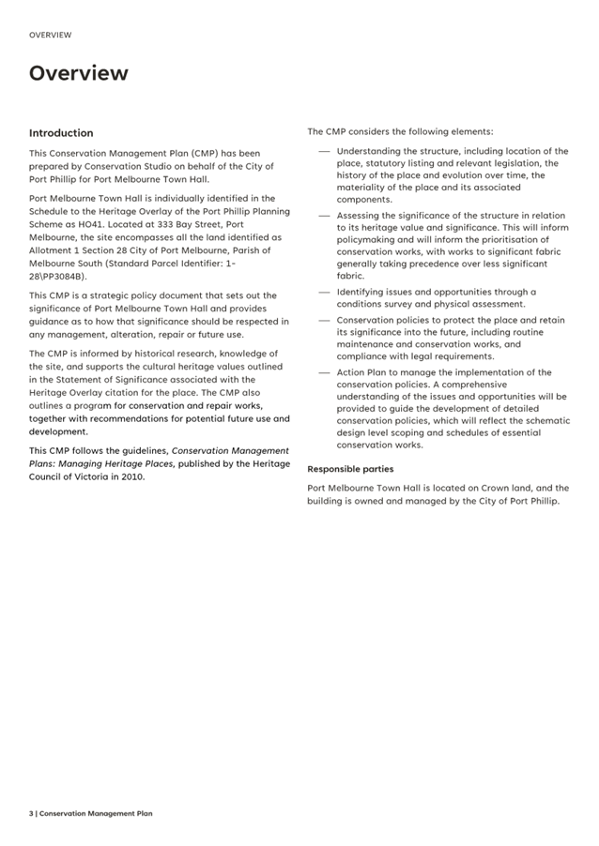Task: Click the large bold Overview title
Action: [78, 73]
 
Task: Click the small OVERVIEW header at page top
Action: [50, 35]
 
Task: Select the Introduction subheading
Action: [61, 133]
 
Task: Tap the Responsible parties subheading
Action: [350, 469]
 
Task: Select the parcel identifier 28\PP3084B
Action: [58, 277]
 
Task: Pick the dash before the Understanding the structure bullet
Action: [323, 151]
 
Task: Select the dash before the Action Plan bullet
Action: [323, 372]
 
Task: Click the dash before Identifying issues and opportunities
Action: [323, 292]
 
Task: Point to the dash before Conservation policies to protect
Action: [323, 320]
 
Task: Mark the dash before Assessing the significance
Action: [323, 216]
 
